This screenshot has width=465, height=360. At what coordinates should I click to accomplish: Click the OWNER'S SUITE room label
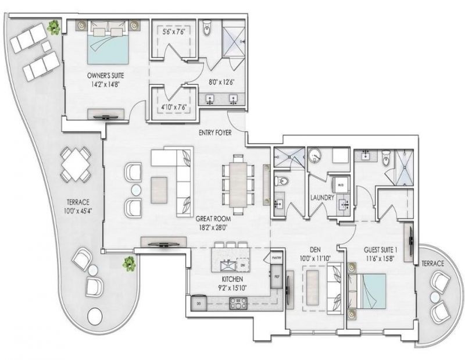click(x=105, y=75)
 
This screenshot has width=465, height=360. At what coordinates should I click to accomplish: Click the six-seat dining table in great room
click(x=238, y=181)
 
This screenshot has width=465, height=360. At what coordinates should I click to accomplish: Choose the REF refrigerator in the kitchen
click(x=276, y=277)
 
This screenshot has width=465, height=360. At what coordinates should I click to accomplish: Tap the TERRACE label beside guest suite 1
click(x=432, y=263)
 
